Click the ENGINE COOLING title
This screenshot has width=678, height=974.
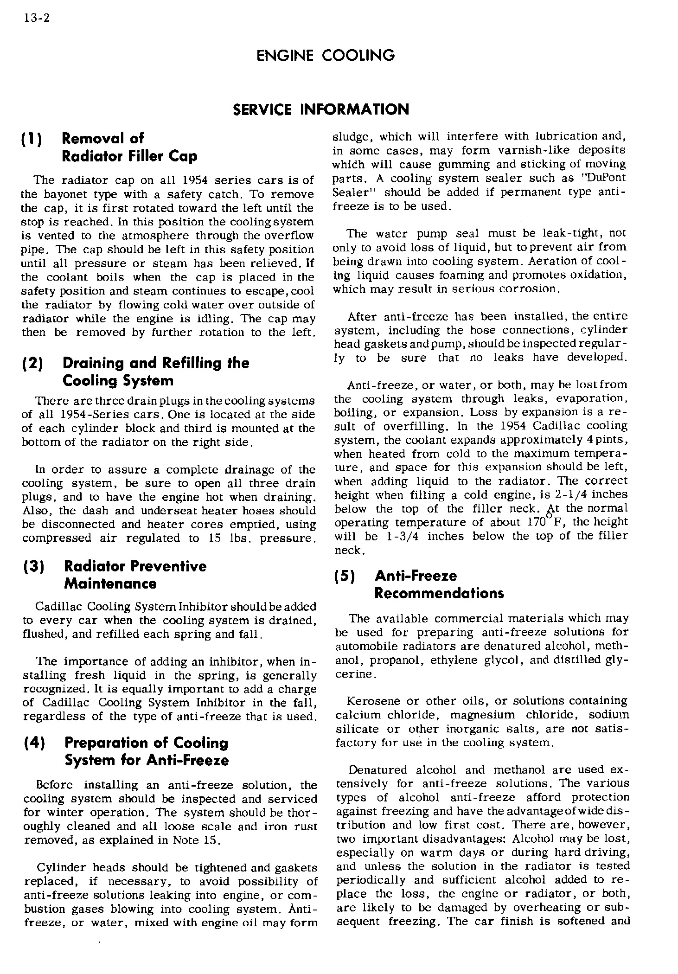click(x=325, y=56)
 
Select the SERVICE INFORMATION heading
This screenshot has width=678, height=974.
click(x=321, y=109)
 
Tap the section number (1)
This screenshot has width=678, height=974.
click(x=32, y=139)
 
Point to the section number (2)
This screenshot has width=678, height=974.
click(x=32, y=364)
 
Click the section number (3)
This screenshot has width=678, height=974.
click(x=32, y=567)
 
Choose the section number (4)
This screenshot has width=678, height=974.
click(x=32, y=743)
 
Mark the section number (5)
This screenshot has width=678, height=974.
click(x=345, y=577)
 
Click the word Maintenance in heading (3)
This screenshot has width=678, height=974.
click(x=110, y=584)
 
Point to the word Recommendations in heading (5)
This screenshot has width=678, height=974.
click(x=439, y=594)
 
